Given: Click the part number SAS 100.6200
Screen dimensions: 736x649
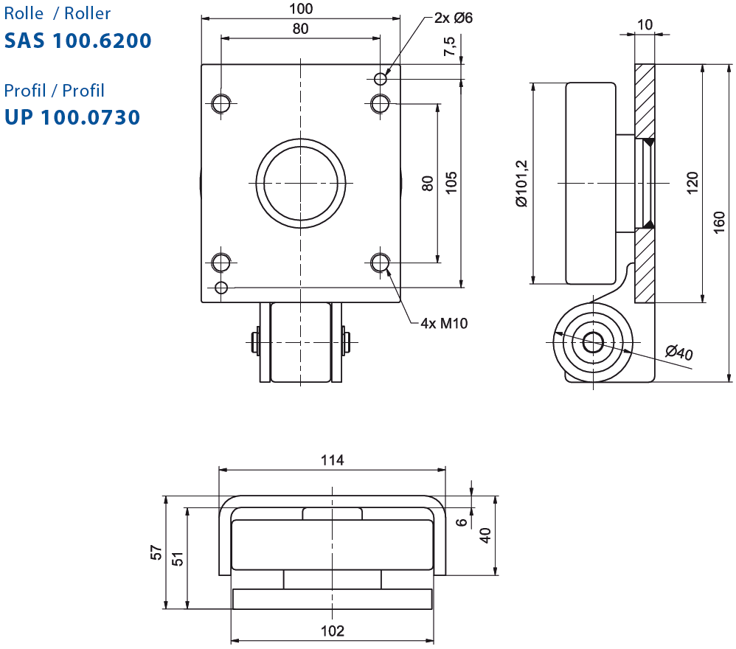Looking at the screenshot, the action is [x=78, y=41].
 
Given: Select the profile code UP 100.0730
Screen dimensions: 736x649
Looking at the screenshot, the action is [x=72, y=117].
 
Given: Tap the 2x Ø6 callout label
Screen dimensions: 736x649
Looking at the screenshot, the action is [x=453, y=18].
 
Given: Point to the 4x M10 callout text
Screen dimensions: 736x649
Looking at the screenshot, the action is [x=444, y=323].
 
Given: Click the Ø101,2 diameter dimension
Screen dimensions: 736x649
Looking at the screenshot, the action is [x=521, y=184].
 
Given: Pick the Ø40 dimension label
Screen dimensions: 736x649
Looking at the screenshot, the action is [x=678, y=352].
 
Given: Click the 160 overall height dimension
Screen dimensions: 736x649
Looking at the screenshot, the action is [x=718, y=223].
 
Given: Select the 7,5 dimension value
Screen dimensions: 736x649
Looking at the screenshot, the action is [x=449, y=46].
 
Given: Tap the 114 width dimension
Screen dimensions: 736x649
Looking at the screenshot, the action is [x=333, y=460].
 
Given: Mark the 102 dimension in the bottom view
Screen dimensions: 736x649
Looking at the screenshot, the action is [x=333, y=631].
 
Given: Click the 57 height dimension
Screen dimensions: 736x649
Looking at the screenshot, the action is [x=156, y=552].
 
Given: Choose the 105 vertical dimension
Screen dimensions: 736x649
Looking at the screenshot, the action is [x=451, y=183].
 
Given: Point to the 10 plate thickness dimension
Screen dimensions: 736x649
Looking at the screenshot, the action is [x=645, y=24].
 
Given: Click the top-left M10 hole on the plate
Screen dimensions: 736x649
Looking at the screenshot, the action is [x=221, y=103].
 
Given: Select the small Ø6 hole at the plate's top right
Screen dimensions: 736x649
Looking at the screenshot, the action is [x=381, y=79].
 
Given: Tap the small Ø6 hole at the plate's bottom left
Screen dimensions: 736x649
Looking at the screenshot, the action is [x=221, y=288].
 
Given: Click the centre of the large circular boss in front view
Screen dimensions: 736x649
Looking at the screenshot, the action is [x=300, y=183].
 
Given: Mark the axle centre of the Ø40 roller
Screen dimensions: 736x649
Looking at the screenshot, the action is [x=593, y=342].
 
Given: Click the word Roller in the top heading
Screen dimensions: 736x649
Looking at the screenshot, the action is [x=87, y=13].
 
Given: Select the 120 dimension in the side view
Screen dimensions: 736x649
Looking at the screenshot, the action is [x=692, y=183].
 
